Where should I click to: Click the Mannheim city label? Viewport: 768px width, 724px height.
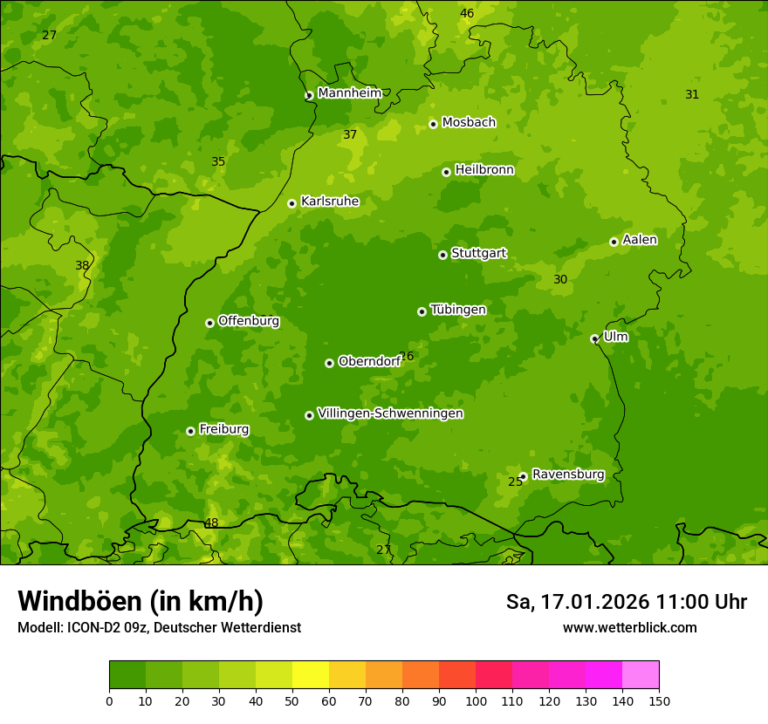349,93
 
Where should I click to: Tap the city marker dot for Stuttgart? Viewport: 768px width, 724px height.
442,255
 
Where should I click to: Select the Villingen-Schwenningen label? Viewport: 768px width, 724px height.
390,413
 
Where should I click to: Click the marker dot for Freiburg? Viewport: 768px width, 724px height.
190,431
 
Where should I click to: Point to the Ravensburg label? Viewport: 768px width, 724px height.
567,475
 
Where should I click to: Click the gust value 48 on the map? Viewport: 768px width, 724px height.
211,523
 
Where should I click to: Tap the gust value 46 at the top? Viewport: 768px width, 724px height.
467,13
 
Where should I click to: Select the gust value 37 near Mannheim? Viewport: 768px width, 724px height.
350,134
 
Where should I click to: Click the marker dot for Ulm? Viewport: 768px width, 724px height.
594,338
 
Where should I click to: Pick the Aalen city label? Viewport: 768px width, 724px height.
640,240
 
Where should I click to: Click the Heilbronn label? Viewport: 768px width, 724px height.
484,170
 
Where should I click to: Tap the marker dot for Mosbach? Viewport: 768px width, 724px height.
433,124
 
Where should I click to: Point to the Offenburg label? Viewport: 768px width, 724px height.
249,321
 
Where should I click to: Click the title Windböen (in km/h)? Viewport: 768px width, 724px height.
141,601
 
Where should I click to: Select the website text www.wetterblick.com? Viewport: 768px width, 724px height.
629,627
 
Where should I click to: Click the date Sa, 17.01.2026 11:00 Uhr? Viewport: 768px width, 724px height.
626,602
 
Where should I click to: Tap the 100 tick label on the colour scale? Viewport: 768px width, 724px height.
476,700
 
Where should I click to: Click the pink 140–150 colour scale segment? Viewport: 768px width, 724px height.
641,675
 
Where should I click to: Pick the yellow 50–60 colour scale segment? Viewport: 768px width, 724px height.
311,675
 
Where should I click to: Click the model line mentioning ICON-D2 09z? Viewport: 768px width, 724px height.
159,627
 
